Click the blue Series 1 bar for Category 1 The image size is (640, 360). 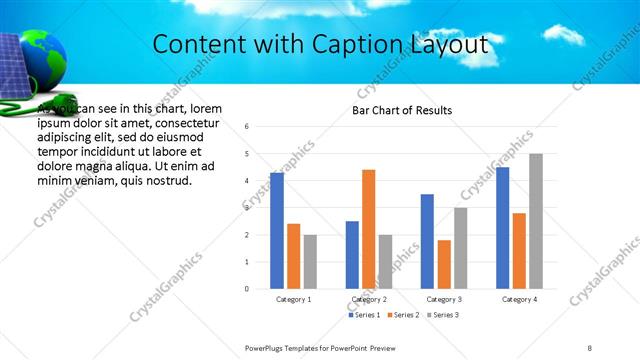tap(277, 230)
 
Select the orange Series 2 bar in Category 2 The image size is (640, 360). tap(368, 229)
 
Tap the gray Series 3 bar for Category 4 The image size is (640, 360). tap(536, 221)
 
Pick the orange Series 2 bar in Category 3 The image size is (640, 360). tap(444, 264)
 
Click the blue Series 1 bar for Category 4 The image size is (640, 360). tap(502, 228)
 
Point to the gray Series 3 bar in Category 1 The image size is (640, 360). tap(310, 262)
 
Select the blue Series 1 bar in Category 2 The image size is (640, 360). tap(352, 255)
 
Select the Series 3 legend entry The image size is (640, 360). tap(444, 315)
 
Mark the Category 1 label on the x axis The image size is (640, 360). tap(294, 299)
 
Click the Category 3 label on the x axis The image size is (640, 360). tap(444, 299)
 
